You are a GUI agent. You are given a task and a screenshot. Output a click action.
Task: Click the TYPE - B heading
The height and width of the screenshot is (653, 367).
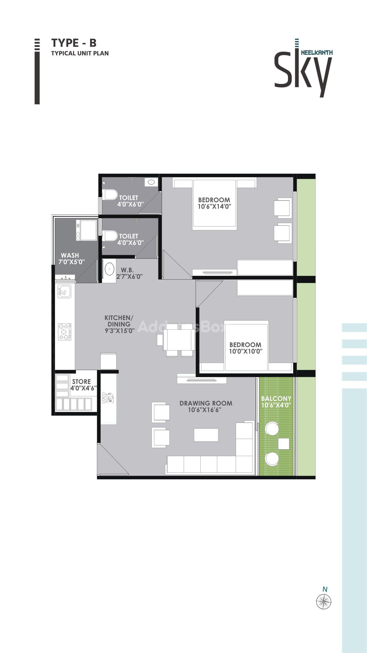click(x=74, y=43)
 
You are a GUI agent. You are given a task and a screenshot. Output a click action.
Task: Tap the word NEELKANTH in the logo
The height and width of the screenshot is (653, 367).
click(x=317, y=53)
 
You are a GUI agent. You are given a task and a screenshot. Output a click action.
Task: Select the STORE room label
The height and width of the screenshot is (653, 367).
click(x=81, y=382)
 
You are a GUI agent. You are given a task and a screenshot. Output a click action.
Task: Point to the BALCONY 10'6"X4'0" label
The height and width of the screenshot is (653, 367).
click(x=276, y=402)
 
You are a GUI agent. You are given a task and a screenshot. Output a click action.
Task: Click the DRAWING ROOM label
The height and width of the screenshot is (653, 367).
click(x=206, y=403)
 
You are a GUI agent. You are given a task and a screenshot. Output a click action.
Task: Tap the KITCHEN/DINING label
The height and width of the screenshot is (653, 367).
click(x=119, y=321)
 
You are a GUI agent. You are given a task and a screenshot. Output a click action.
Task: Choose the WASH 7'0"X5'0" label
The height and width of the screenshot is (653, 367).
click(x=71, y=258)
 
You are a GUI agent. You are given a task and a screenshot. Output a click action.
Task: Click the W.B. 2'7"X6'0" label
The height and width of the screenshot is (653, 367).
click(x=129, y=273)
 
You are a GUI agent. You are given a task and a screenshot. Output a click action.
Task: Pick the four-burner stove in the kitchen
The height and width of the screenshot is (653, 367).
click(x=65, y=332)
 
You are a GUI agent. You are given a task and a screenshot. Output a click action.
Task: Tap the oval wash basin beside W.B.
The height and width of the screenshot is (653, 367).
click(x=109, y=269)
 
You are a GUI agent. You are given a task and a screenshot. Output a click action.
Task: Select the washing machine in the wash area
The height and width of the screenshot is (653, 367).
click(x=86, y=230)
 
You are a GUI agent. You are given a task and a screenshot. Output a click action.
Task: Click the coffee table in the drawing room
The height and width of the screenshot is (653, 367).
click(x=206, y=435)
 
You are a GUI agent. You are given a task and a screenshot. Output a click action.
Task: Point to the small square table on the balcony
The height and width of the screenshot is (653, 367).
click(x=284, y=444)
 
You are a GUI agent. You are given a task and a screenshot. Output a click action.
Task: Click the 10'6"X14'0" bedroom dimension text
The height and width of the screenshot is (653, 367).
click(x=214, y=206)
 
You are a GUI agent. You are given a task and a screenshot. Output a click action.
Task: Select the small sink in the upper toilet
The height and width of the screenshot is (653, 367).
click(x=151, y=182)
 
